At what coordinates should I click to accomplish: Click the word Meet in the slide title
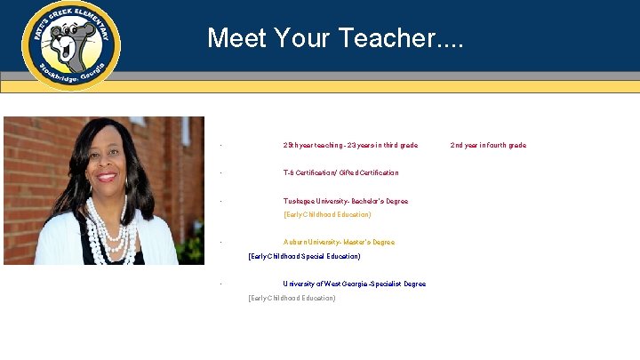point(234,37)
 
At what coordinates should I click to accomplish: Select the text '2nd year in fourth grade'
point(488,145)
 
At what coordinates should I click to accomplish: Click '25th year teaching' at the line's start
point(311,145)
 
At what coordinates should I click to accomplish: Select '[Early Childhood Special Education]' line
point(304,256)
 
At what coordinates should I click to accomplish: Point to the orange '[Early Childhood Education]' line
point(326,214)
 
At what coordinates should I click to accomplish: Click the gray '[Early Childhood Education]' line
point(292,298)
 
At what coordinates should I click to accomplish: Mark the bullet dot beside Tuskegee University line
point(220,201)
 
